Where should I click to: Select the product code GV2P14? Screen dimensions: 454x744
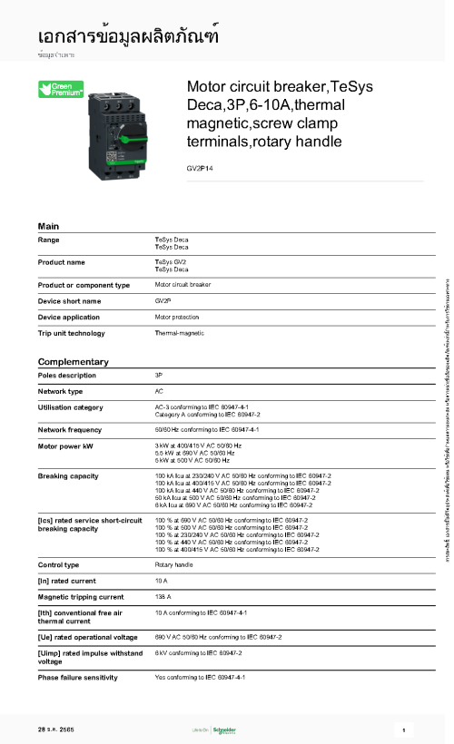pyautogui.click(x=199, y=169)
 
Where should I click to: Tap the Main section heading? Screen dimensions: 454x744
pyautogui.click(x=48, y=224)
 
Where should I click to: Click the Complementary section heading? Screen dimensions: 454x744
pyautogui.click(x=73, y=361)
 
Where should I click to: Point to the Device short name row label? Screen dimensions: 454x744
pyautogui.click(x=69, y=300)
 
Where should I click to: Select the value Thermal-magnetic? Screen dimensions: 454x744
pyautogui.click(x=179, y=334)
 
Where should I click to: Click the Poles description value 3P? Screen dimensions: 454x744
pyautogui.click(x=159, y=375)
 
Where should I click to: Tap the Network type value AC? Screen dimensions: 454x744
pyautogui.click(x=159, y=391)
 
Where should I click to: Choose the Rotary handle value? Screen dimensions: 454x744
pyautogui.click(x=173, y=564)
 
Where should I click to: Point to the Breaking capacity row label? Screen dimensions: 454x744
pyautogui.click(x=68, y=475)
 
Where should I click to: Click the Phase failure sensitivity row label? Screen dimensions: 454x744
pyautogui.click(x=79, y=677)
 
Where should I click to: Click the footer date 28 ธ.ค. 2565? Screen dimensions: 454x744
pyautogui.click(x=55, y=729)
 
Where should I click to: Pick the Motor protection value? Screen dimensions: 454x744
pyautogui.click(x=176, y=318)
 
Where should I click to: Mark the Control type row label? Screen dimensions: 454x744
pyautogui.click(x=58, y=564)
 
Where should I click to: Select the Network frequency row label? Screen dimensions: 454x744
pyautogui.click(x=70, y=429)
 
